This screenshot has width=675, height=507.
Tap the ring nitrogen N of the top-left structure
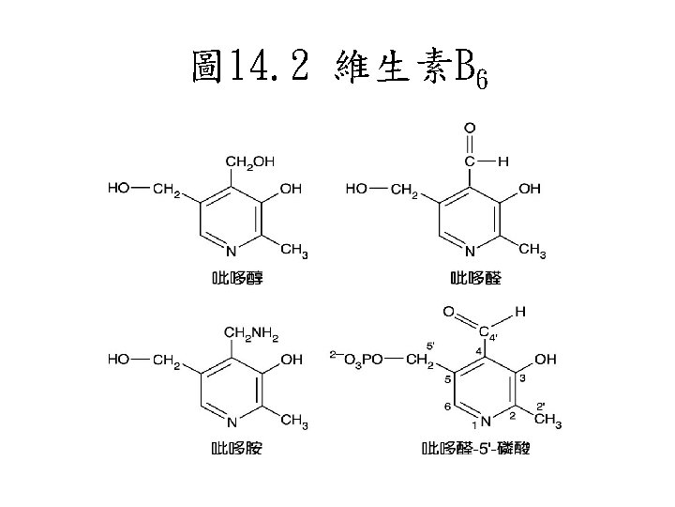(231, 250)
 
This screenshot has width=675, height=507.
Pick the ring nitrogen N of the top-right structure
(471, 250)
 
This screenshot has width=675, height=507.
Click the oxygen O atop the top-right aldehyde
(469, 128)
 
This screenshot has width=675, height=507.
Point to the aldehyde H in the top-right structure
(503, 161)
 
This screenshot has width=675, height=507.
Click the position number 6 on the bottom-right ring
(447, 407)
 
